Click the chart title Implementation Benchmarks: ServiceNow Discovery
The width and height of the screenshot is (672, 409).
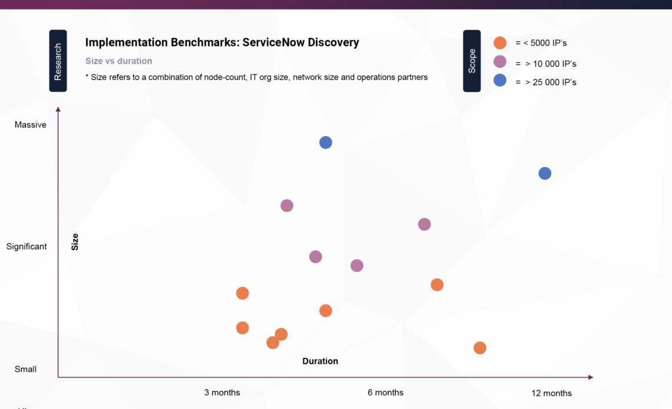[222, 42]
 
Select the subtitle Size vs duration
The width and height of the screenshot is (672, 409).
[118, 61]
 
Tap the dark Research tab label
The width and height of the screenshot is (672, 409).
[58, 61]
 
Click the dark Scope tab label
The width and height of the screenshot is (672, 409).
[472, 61]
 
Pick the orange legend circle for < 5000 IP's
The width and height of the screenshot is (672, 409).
[500, 43]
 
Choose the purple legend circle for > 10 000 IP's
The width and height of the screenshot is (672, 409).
[500, 62]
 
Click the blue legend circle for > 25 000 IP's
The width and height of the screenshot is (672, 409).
[500, 81]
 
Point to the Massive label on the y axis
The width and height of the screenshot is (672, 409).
[31, 125]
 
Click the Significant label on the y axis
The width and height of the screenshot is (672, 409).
[27, 246]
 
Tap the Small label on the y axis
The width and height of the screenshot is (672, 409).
[26, 369]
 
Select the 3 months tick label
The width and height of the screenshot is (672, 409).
[222, 392]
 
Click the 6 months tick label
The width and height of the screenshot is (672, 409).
[386, 392]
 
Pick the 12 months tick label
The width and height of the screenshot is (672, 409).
[551, 393]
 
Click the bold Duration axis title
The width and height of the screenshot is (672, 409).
[320, 361]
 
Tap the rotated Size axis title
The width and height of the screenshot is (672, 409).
[75, 242]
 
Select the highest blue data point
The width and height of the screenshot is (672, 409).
[325, 143]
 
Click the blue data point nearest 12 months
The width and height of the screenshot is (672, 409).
[545, 173]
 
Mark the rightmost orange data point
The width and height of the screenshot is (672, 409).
[480, 348]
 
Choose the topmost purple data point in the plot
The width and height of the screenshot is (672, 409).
[286, 206]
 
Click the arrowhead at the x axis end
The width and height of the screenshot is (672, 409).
[590, 377]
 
